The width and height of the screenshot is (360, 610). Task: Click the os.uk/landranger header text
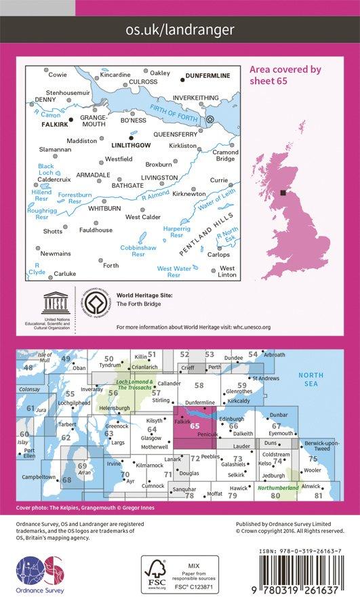(x=180, y=29)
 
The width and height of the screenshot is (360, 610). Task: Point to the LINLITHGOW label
(x=129, y=145)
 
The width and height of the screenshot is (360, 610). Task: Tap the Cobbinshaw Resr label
(x=138, y=253)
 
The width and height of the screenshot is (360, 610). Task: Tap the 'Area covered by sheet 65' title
(x=285, y=74)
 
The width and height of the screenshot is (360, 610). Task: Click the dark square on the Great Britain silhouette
(x=283, y=192)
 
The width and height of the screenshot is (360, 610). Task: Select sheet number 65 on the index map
(x=195, y=425)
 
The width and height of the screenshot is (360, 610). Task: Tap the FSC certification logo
(x=158, y=574)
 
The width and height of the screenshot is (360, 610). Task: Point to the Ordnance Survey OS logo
(x=39, y=571)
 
